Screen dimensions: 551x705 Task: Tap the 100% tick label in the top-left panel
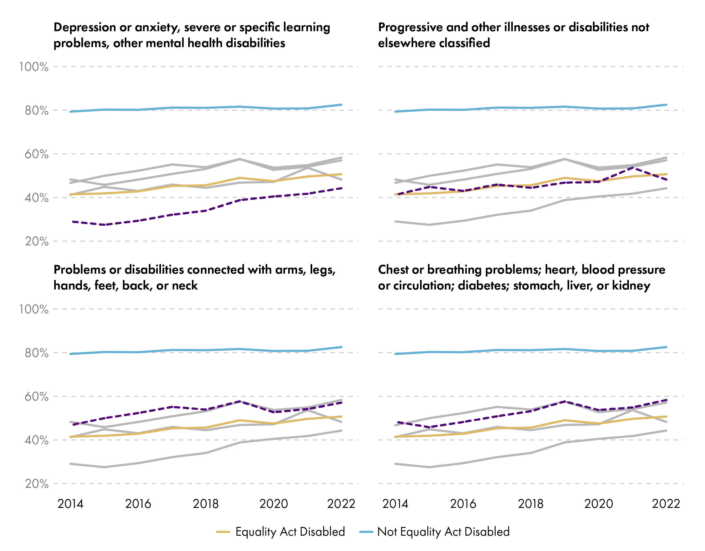(x=34, y=67)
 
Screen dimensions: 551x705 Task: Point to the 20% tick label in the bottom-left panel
(x=36, y=484)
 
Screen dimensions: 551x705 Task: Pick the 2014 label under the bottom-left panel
(x=70, y=504)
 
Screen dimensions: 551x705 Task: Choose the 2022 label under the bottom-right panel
(x=666, y=504)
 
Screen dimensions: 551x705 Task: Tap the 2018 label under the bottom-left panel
(x=206, y=504)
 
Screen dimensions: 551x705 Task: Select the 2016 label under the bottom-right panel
(x=463, y=504)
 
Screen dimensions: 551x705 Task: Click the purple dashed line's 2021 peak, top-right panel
(x=632, y=167)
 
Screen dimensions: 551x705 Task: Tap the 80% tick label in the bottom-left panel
(x=36, y=353)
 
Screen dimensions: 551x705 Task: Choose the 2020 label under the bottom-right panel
(x=598, y=504)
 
